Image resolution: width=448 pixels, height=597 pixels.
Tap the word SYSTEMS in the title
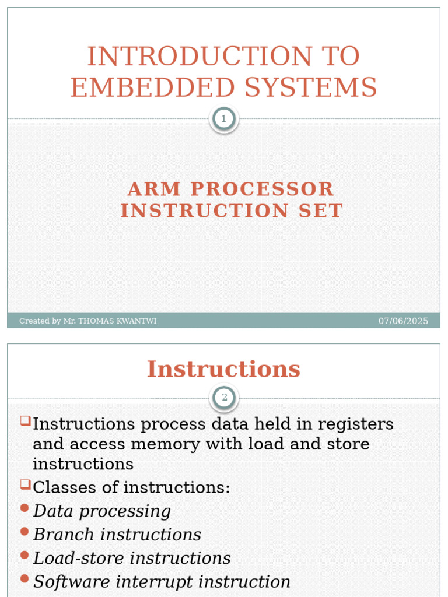coord(311,87)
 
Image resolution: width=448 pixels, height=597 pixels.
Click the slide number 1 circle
coord(223,120)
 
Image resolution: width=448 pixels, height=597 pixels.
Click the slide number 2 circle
coord(223,399)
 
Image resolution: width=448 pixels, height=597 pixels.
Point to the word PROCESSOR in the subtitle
coord(262,189)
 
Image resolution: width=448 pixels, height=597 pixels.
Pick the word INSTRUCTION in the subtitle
coord(205,211)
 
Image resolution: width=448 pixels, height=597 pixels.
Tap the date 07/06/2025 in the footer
coord(403,321)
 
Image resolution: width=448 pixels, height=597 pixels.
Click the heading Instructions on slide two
coord(223,369)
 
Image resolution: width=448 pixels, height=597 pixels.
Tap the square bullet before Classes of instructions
coord(24,484)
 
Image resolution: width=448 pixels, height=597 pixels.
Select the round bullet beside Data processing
coord(24,508)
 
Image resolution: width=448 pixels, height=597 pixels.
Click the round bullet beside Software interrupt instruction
coord(24,579)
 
